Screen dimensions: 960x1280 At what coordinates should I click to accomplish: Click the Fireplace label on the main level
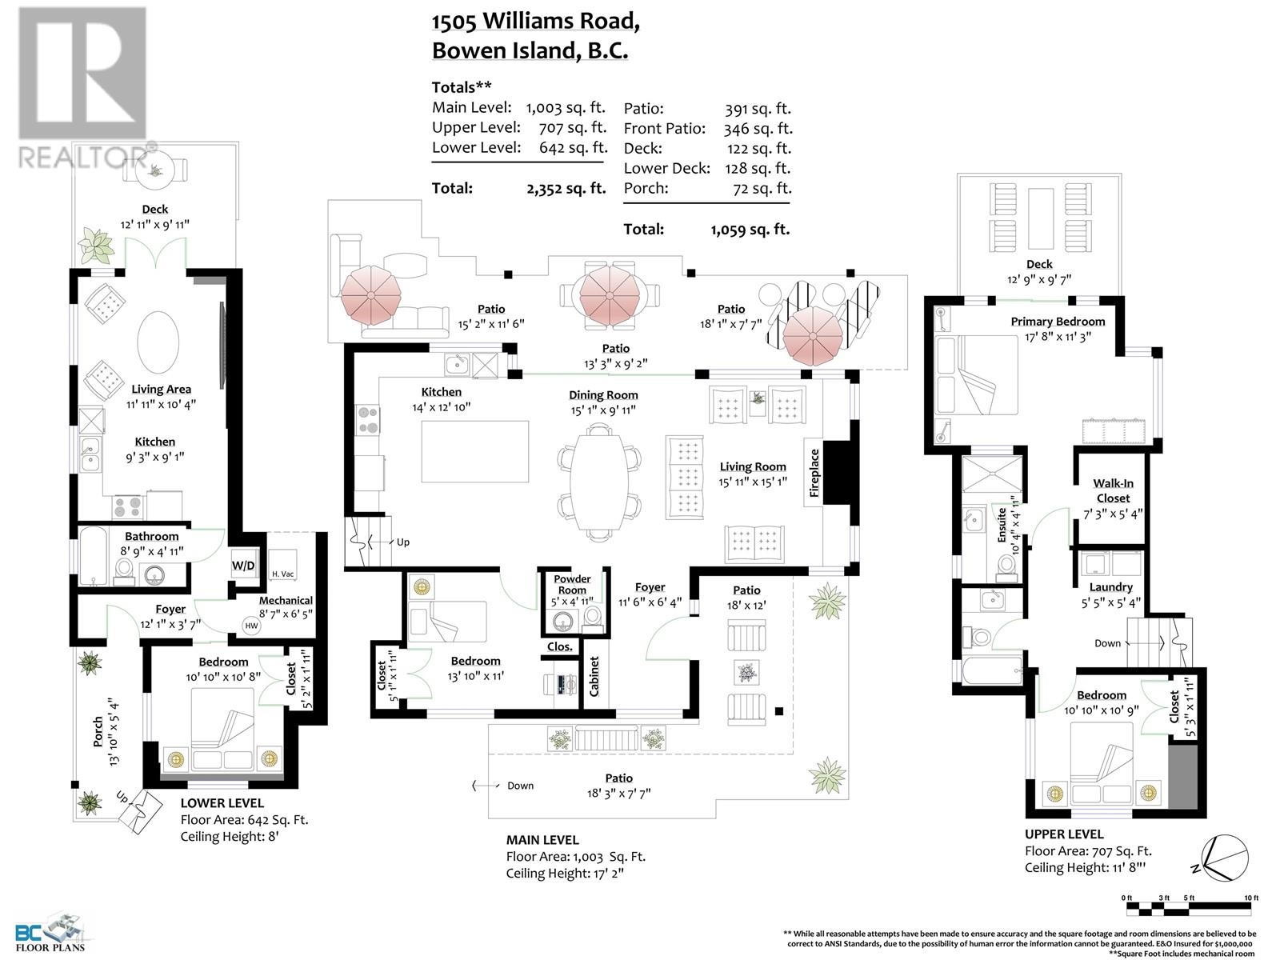pyautogui.click(x=814, y=473)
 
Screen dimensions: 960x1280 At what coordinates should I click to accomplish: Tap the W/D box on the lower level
pyautogui.click(x=243, y=566)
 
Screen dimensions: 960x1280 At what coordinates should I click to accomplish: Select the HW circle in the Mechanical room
pyautogui.click(x=251, y=626)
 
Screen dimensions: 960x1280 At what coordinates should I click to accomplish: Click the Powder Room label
pyautogui.click(x=572, y=585)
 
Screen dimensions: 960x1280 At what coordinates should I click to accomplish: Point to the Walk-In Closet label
pyautogui.click(x=1113, y=490)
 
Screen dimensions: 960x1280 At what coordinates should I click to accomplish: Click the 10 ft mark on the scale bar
pyautogui.click(x=1250, y=898)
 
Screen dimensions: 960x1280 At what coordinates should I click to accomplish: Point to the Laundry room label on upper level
pyautogui.click(x=1110, y=587)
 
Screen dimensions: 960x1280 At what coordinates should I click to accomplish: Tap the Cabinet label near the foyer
pyautogui.click(x=594, y=677)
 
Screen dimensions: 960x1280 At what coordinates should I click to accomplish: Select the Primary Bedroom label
pyautogui.click(x=1057, y=322)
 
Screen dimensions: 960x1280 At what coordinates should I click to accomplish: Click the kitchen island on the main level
pyautogui.click(x=475, y=451)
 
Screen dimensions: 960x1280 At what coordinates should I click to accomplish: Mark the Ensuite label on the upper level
pyautogui.click(x=1002, y=524)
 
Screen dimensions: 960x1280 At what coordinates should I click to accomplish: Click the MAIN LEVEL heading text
pyautogui.click(x=542, y=840)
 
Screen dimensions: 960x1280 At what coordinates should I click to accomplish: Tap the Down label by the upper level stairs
pyautogui.click(x=1107, y=643)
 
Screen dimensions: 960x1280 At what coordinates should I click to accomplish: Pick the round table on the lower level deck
pyautogui.click(x=153, y=167)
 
